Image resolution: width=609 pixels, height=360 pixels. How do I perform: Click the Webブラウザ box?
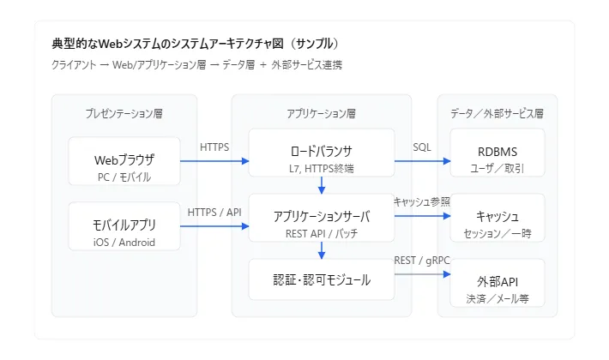(x=124, y=160)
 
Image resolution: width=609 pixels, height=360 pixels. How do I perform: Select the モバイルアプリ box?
(x=124, y=226)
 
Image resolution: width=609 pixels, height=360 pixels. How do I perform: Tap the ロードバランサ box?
(x=322, y=153)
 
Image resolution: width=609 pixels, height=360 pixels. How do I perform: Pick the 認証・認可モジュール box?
(x=322, y=279)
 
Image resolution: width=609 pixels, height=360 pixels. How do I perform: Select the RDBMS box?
(x=497, y=153)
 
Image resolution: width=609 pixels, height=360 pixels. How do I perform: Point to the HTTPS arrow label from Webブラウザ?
(x=214, y=147)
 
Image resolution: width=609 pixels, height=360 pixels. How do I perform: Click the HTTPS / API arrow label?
(x=214, y=213)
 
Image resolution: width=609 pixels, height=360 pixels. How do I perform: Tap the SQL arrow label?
(x=422, y=147)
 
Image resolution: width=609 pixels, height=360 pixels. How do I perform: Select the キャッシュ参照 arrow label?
(x=421, y=201)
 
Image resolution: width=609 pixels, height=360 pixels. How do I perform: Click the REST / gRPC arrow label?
(x=421, y=261)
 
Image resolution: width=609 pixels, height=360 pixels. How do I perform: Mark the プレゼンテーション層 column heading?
(x=124, y=113)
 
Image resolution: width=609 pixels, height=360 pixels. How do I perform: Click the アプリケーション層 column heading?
(x=322, y=113)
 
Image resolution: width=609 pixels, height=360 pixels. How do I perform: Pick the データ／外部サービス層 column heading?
(x=497, y=113)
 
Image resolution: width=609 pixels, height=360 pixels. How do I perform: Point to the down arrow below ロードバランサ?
(x=322, y=186)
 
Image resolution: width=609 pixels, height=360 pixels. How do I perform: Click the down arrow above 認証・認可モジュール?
(x=322, y=250)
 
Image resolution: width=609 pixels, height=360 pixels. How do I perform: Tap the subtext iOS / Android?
(x=124, y=241)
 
